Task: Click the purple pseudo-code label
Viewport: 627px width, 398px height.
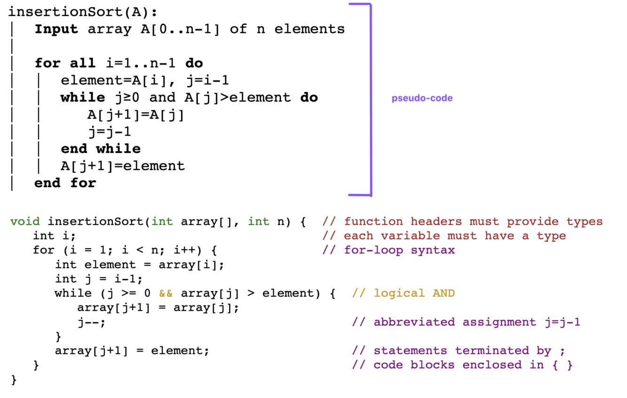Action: [422, 99]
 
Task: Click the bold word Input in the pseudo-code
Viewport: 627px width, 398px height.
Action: [56, 29]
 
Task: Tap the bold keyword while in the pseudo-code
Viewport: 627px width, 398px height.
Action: [83, 98]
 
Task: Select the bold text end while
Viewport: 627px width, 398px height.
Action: [101, 149]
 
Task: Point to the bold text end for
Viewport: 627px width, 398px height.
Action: [65, 183]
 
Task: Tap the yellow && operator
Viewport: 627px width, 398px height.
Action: [166, 293]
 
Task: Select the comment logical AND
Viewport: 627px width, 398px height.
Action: [403, 293]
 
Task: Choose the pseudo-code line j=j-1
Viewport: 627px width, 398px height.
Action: [109, 132]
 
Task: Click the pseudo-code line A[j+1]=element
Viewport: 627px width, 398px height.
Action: [123, 166]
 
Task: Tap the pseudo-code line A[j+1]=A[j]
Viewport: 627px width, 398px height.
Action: [136, 115]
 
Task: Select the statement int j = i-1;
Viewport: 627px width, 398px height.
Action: [99, 279]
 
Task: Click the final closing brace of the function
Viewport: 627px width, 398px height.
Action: [14, 379]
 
